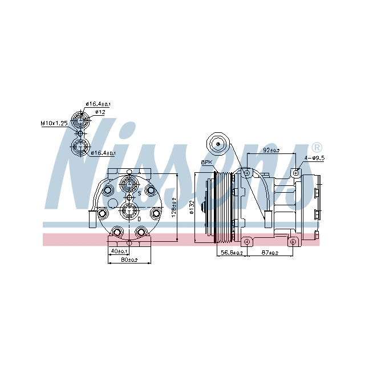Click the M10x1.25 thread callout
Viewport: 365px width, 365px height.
(x=55, y=123)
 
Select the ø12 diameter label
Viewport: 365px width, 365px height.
(x=100, y=112)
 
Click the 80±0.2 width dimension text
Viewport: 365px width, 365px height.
(x=129, y=261)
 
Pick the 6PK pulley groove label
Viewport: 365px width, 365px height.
(x=206, y=163)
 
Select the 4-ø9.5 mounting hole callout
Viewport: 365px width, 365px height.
(x=314, y=158)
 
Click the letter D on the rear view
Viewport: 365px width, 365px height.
(x=139, y=218)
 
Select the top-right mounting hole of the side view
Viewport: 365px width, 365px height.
(x=296, y=172)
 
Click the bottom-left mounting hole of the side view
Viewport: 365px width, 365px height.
(x=246, y=242)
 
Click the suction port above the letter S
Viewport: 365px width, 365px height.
(x=129, y=184)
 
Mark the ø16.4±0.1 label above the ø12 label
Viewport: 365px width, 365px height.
(x=98, y=104)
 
